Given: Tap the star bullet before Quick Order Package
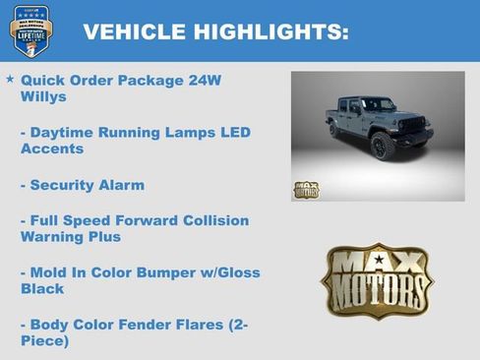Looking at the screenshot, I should [10, 78].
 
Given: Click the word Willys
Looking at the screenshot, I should [42, 96].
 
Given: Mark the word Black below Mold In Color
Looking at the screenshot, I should [42, 289].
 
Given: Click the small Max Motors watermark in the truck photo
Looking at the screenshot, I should [306, 189].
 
